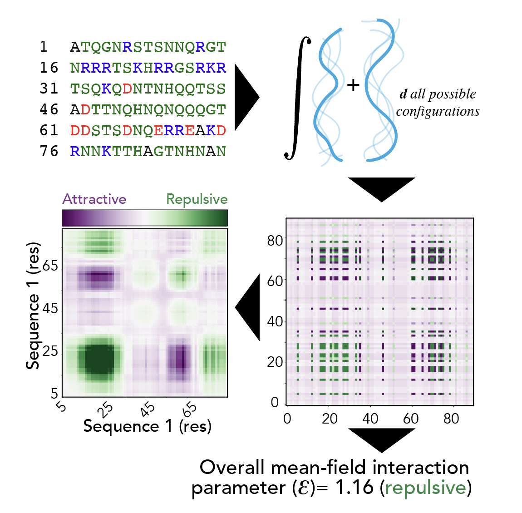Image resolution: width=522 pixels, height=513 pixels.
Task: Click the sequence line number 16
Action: click(49, 68)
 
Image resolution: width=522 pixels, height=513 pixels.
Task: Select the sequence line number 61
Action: click(49, 131)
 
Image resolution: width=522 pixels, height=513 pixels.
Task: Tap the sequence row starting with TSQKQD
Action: click(148, 89)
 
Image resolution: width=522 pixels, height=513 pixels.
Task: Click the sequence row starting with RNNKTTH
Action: click(148, 152)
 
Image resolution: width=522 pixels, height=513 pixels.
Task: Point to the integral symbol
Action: click(298, 98)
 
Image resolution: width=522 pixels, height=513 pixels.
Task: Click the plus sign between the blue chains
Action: click(353, 85)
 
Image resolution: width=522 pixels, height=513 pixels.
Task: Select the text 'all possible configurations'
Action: click(438, 103)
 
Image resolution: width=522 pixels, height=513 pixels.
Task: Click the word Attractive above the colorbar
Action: click(94, 199)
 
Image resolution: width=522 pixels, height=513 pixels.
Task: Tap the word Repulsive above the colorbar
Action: click(197, 199)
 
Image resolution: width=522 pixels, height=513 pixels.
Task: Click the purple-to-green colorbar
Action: click(144, 218)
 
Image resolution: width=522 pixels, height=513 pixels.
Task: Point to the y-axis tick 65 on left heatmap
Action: click(50, 266)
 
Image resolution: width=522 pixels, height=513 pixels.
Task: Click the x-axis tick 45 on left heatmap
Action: click(147, 409)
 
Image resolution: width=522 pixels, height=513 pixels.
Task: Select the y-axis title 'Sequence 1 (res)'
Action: click(33, 306)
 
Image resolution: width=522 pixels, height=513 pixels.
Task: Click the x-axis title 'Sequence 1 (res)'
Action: click(147, 426)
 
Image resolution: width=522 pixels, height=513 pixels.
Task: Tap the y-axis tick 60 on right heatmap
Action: click(275, 281)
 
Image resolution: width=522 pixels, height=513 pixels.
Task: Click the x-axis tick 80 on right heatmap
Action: click(451, 419)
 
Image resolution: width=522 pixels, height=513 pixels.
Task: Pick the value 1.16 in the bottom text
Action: click(354, 488)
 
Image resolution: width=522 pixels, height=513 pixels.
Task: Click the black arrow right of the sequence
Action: click(246, 97)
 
